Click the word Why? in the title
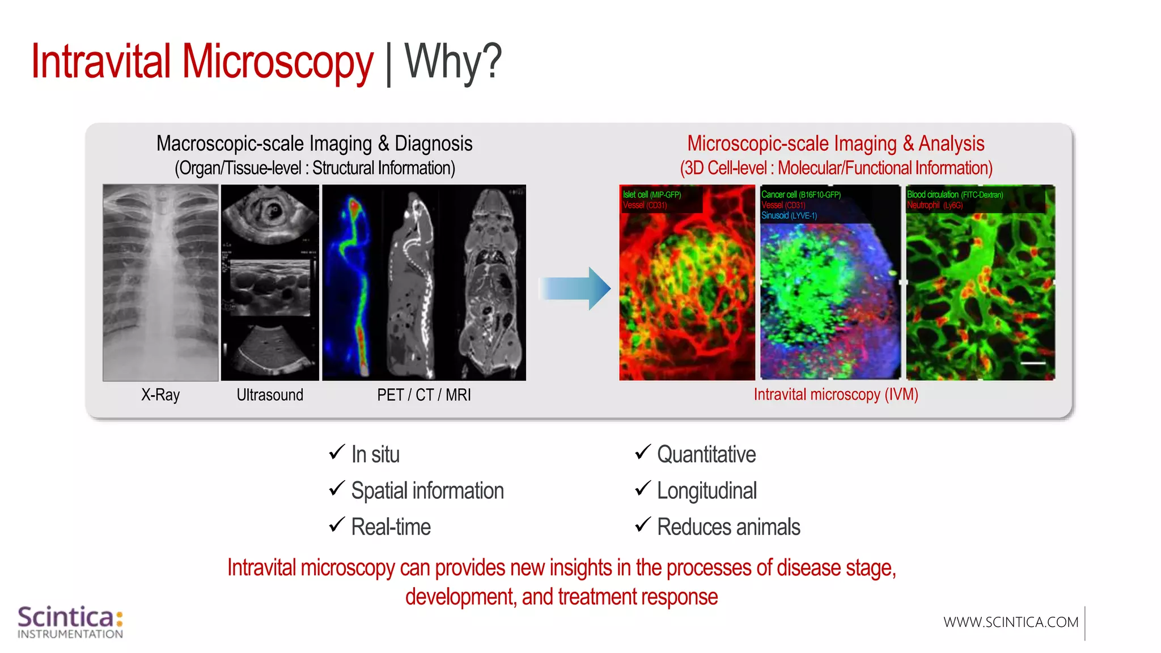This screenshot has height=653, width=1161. [453, 61]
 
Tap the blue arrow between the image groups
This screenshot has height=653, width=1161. [575, 288]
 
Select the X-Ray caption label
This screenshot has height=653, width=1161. [160, 395]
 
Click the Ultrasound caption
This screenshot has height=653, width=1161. [270, 395]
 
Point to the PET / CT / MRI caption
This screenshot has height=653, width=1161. [424, 395]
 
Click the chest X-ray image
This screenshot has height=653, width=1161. [160, 282]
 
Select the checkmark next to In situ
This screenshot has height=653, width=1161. [337, 452]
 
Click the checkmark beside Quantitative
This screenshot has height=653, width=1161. [643, 452]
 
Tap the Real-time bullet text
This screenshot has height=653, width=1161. [391, 527]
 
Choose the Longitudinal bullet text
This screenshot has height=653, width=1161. [706, 491]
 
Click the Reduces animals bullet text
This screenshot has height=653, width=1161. [728, 527]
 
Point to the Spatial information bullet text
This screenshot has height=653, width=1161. [427, 491]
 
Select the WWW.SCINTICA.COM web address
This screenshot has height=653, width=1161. [1011, 622]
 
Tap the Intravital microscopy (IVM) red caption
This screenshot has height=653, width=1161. [836, 395]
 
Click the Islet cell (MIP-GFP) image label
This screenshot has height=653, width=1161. [652, 194]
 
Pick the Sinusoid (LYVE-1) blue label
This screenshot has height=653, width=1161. [789, 216]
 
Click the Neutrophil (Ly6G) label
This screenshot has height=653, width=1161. [935, 205]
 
